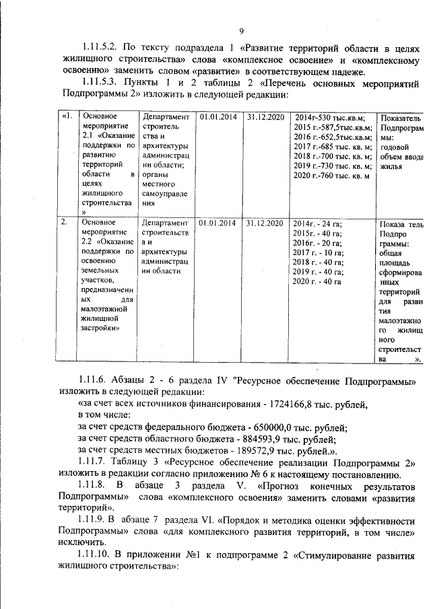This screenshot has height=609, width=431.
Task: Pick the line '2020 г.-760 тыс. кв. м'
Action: pyautogui.click(x=332, y=177)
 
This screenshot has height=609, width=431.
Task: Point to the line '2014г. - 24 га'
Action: pyautogui.click(x=317, y=223)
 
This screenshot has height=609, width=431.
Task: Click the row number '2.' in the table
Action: pyautogui.click(x=65, y=221)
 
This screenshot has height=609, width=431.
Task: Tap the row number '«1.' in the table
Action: pyautogui.click(x=66, y=116)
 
